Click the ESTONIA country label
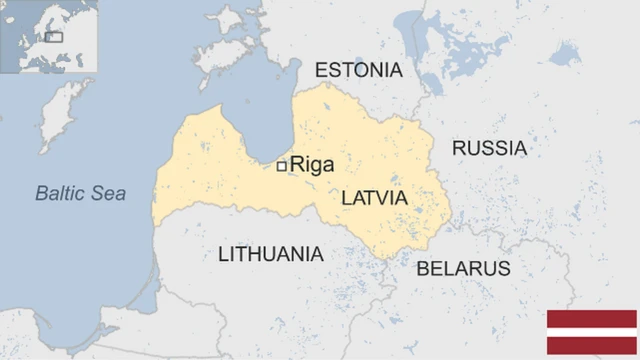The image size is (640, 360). (x=358, y=70)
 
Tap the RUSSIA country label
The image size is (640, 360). (x=489, y=148)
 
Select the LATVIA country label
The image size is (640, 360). (x=374, y=198)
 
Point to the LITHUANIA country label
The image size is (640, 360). (x=270, y=254)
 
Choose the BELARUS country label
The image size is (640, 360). (x=463, y=268)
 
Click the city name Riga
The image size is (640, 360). (x=312, y=166)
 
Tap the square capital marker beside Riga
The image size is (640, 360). (x=282, y=166)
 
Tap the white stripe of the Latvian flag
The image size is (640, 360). (x=591, y=333)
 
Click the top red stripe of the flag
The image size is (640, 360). (x=591, y=319)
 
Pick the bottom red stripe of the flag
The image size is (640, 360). (x=591, y=347)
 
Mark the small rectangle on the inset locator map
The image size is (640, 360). (x=54, y=37)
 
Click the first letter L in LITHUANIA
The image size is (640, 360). (x=223, y=254)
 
